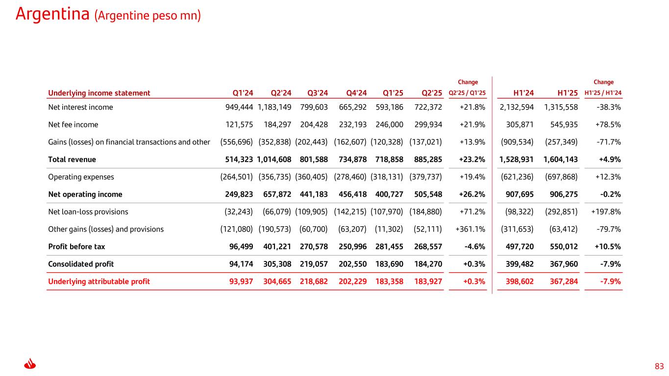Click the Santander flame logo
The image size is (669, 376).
[x=30, y=365]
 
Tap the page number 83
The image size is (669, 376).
[x=659, y=366]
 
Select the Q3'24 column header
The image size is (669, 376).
[x=317, y=93]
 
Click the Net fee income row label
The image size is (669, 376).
[x=73, y=125]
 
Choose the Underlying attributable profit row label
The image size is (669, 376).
[x=99, y=282]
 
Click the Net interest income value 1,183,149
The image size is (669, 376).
[x=274, y=107]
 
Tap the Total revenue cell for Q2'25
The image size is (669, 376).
[x=425, y=160]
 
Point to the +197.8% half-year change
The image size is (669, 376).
[x=606, y=212]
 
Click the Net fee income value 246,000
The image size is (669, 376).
[x=390, y=125]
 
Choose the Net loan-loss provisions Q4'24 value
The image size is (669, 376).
[x=350, y=212]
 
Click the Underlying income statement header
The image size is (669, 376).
[x=99, y=93]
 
